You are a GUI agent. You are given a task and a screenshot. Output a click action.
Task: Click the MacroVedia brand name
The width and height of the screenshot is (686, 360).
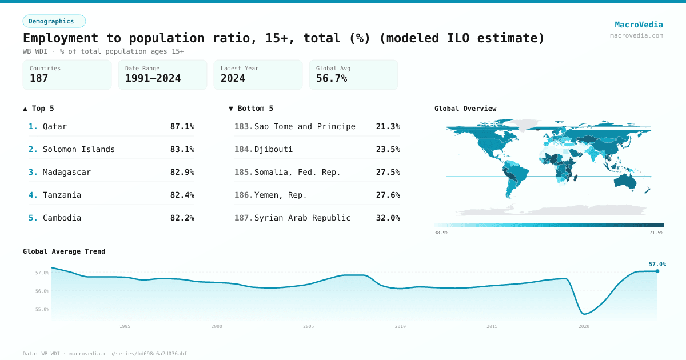(x=639, y=25)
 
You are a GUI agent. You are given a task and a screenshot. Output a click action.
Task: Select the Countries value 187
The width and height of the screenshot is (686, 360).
(x=39, y=78)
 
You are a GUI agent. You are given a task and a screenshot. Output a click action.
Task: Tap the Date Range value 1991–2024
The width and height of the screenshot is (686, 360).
(x=153, y=78)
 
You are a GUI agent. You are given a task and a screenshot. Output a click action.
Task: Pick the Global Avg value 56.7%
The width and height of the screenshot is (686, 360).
(x=332, y=78)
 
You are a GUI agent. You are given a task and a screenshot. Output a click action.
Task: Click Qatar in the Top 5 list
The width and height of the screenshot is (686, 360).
(x=55, y=126)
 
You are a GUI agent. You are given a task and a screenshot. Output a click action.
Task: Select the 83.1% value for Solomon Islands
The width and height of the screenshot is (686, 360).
(x=182, y=149)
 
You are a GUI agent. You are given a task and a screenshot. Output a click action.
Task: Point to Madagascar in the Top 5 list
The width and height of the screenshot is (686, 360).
(x=66, y=172)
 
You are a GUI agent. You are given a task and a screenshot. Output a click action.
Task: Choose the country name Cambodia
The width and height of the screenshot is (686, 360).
(x=62, y=218)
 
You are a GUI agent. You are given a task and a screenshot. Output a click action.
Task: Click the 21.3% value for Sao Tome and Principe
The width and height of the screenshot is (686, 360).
(x=388, y=126)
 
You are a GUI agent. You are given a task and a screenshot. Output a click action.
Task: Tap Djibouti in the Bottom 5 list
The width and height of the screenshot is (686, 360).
(x=273, y=149)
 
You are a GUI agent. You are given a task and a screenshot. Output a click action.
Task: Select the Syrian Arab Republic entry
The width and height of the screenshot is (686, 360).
(x=302, y=218)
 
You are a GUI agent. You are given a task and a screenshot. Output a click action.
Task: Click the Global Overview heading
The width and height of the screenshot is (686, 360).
(x=465, y=109)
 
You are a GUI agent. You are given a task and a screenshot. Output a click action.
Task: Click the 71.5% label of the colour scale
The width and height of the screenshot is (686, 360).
(x=656, y=233)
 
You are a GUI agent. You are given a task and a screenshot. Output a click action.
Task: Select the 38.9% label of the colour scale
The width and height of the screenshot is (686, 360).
(x=441, y=233)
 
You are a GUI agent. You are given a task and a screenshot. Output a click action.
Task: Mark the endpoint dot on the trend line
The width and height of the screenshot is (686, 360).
(x=657, y=271)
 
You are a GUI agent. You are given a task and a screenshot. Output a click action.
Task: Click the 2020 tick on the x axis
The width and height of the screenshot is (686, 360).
(x=584, y=326)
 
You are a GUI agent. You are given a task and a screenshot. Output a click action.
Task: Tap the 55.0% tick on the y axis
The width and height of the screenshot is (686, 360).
(x=43, y=309)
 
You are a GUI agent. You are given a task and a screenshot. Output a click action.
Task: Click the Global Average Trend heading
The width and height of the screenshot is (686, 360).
(x=64, y=251)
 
